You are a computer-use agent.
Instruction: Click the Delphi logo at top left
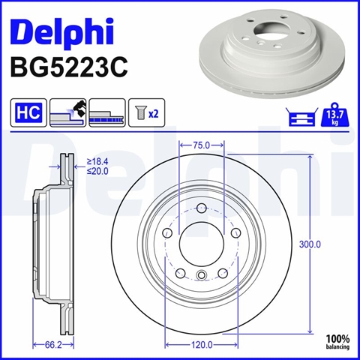pyautogui.click(x=62, y=33)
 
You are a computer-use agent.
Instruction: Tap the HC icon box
pyautogui.click(x=28, y=112)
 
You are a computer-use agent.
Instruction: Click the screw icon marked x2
pyautogui.click(x=147, y=112)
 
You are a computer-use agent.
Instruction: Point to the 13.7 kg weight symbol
pyautogui.click(x=335, y=114)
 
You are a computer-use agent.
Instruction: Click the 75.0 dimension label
pyautogui.click(x=202, y=145)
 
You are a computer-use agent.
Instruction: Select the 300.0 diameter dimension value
pyautogui.click(x=310, y=244)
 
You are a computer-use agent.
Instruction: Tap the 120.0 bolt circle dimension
pyautogui.click(x=202, y=345)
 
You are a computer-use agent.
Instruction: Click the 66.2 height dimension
pyautogui.click(x=53, y=345)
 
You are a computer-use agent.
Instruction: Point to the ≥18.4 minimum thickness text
pyautogui.click(x=97, y=161)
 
